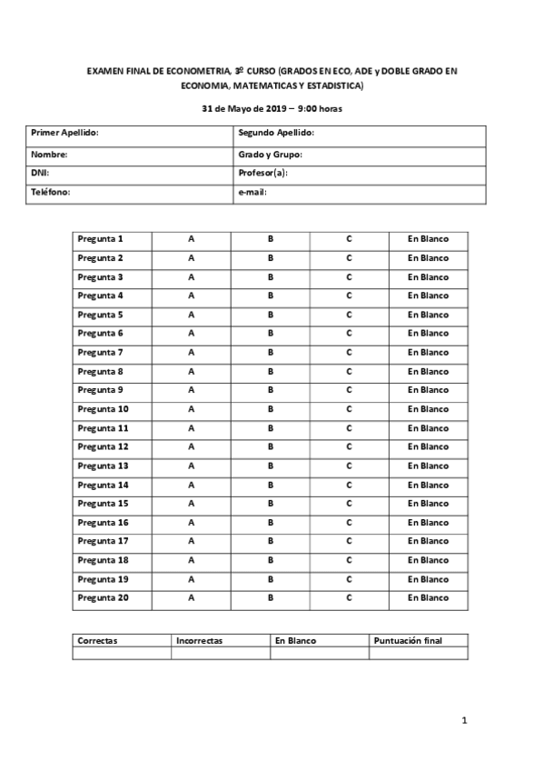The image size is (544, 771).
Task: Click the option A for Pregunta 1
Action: (191, 239)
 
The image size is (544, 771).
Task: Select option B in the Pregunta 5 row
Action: (271, 315)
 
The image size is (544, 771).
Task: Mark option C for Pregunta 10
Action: (349, 409)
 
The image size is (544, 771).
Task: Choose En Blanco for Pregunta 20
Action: (428, 598)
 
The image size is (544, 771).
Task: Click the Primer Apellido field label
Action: (64, 134)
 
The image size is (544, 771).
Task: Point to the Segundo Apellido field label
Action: (276, 134)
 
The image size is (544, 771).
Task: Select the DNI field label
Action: (40, 173)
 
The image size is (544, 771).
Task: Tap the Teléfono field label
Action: (51, 193)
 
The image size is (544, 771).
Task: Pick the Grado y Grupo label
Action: (270, 154)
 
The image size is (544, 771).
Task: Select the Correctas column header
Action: (98, 641)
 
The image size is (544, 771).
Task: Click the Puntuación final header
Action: (408, 641)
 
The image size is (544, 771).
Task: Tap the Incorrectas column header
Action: (200, 641)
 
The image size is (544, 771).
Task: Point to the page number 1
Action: (464, 721)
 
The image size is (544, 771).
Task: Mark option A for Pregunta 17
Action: (191, 541)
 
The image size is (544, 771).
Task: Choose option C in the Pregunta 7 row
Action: (349, 352)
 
